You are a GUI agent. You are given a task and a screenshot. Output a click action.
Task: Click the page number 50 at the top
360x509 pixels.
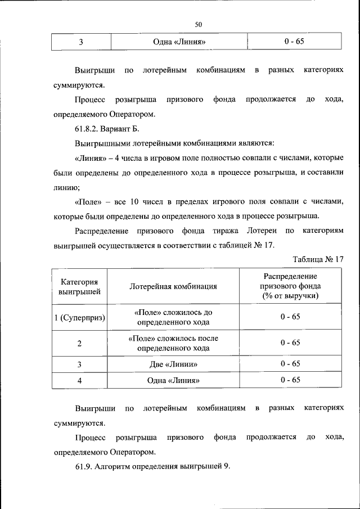[x=198, y=24]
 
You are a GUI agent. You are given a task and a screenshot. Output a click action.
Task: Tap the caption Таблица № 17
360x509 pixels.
[x=318, y=259]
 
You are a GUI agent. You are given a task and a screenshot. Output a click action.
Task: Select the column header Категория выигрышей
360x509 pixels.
[x=80, y=286]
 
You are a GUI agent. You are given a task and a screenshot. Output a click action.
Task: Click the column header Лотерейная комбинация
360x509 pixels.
[x=173, y=286]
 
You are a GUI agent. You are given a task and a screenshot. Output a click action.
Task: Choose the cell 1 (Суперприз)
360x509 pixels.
[x=80, y=317]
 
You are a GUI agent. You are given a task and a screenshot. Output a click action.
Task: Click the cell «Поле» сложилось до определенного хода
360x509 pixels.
[x=173, y=317]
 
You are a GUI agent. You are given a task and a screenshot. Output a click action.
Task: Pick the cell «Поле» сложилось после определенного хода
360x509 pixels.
[x=173, y=343]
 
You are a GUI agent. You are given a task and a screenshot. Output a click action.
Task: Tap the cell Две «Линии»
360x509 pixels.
[x=173, y=364]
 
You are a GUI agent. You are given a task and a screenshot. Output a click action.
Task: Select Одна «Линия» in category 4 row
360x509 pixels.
[x=173, y=380]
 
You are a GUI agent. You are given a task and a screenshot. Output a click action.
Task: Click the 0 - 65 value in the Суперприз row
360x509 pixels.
[x=290, y=317]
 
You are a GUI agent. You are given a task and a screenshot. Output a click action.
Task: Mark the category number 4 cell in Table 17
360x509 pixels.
[x=80, y=380]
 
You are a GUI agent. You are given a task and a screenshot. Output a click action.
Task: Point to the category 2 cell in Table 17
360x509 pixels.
[x=80, y=343]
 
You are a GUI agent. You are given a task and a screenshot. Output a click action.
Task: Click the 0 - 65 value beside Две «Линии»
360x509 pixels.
[x=290, y=364]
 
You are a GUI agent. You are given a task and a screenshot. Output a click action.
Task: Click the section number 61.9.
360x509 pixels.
[x=84, y=467]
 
